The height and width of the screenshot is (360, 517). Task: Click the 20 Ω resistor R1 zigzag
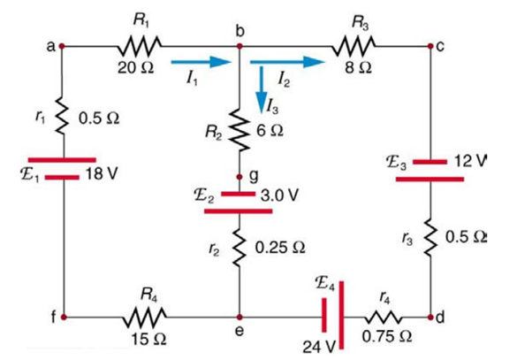tap(140, 46)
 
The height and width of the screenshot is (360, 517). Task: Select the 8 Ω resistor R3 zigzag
tap(354, 46)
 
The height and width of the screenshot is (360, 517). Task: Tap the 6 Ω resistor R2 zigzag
tap(239, 130)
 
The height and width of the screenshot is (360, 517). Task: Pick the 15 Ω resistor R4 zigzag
tap(144, 318)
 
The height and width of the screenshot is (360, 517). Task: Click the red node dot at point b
tap(239, 46)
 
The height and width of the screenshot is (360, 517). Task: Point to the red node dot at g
tap(239, 177)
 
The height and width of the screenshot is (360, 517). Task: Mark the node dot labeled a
tap(61, 46)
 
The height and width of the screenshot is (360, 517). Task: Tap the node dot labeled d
tap(430, 318)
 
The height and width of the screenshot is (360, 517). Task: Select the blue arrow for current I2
tap(287, 62)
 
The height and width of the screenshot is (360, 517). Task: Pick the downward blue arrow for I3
tap(262, 89)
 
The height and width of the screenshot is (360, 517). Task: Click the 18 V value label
tap(102, 174)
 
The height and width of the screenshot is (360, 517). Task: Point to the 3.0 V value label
tap(279, 195)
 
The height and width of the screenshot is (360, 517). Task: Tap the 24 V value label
tap(319, 347)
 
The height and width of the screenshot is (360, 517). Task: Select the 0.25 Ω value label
tap(280, 248)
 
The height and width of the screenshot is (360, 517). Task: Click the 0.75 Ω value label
tap(387, 337)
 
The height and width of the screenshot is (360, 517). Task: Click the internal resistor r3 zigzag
tap(430, 238)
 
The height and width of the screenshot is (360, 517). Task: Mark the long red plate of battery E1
tap(62, 160)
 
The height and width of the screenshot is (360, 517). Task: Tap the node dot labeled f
tap(64, 318)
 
